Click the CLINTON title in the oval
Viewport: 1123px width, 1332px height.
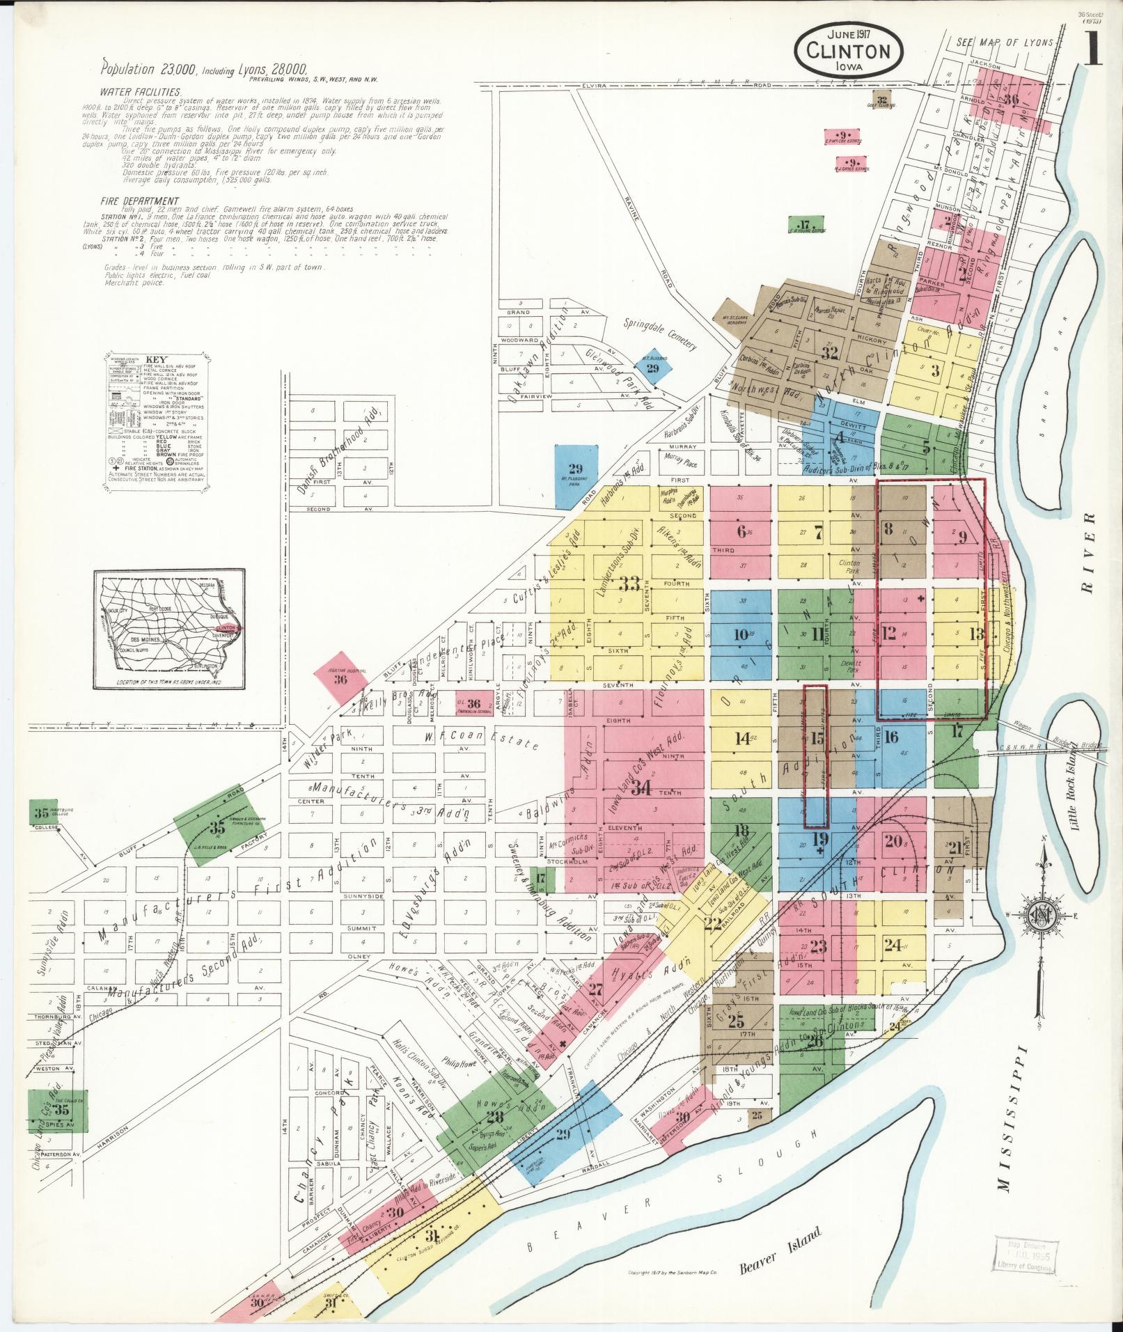coord(849,51)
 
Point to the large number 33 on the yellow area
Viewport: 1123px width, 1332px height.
coord(629,583)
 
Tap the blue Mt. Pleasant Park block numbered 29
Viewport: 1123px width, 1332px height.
coord(576,476)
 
